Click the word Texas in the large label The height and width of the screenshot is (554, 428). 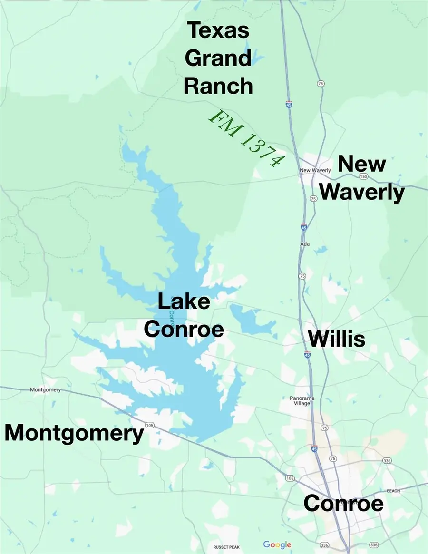coord(218,30)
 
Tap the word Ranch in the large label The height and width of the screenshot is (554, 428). coord(218,86)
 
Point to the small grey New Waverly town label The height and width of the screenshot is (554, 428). coord(315,170)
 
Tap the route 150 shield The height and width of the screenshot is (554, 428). coord(364,176)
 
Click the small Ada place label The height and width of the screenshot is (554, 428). coord(305,244)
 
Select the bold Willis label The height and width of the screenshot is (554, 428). coord(337,339)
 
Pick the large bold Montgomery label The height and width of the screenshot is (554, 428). coord(74,433)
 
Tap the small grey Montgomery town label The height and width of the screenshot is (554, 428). coord(45,390)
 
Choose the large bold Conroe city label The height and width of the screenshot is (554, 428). coord(343,503)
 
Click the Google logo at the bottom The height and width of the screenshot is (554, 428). coord(277,544)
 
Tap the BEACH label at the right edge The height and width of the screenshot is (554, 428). coord(393,491)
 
